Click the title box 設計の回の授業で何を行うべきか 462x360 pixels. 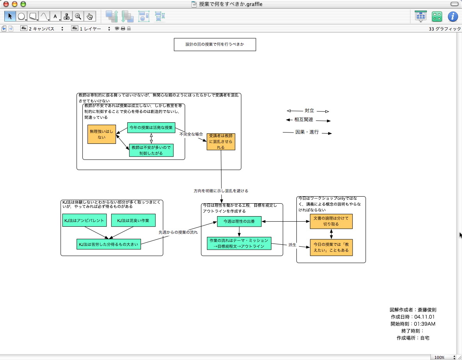tap(215, 45)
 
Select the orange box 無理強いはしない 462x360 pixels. tap(102, 134)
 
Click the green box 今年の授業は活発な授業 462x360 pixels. tap(151, 128)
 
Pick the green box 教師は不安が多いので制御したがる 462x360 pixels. tap(151, 150)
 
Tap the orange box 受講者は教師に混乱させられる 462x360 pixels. tap(221, 141)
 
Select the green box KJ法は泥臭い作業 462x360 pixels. tap(133, 220)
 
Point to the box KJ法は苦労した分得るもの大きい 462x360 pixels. tap(108, 244)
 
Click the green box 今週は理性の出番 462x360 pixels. tap(239, 222)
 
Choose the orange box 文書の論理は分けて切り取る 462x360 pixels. tap(331, 221)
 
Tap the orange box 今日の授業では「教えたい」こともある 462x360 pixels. tap(331, 247)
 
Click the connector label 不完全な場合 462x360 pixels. tap(191, 134)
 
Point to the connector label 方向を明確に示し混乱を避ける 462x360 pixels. tap(221, 191)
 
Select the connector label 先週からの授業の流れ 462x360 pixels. tap(178, 232)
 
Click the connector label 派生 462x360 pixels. tap(293, 245)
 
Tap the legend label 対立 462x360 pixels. tap(309, 111)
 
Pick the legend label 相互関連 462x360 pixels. tap(304, 120)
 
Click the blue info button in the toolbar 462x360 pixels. tap(452, 16)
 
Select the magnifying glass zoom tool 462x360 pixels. tap(78, 16)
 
